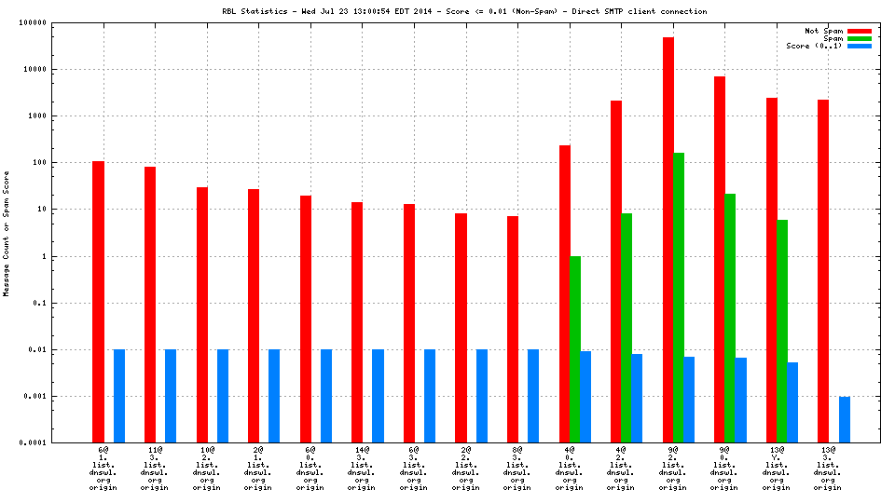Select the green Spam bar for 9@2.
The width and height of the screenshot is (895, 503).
tap(679, 297)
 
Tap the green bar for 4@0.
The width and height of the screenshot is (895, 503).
tap(575, 349)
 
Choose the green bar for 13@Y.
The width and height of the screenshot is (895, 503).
tap(782, 331)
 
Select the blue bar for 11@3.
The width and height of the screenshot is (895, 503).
tap(171, 396)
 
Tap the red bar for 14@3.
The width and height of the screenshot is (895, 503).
tap(357, 322)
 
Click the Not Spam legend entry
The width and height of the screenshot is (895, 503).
tap(823, 31)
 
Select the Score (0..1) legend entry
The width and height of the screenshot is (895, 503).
tap(814, 46)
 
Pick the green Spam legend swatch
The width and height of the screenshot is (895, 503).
tap(859, 38)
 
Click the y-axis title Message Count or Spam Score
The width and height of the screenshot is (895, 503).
tap(7, 233)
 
